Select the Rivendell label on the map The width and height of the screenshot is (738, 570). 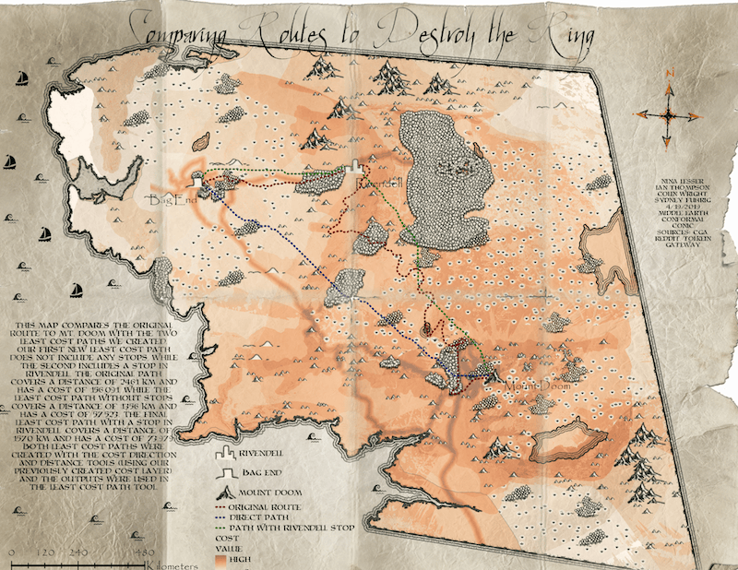[x=378, y=184]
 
